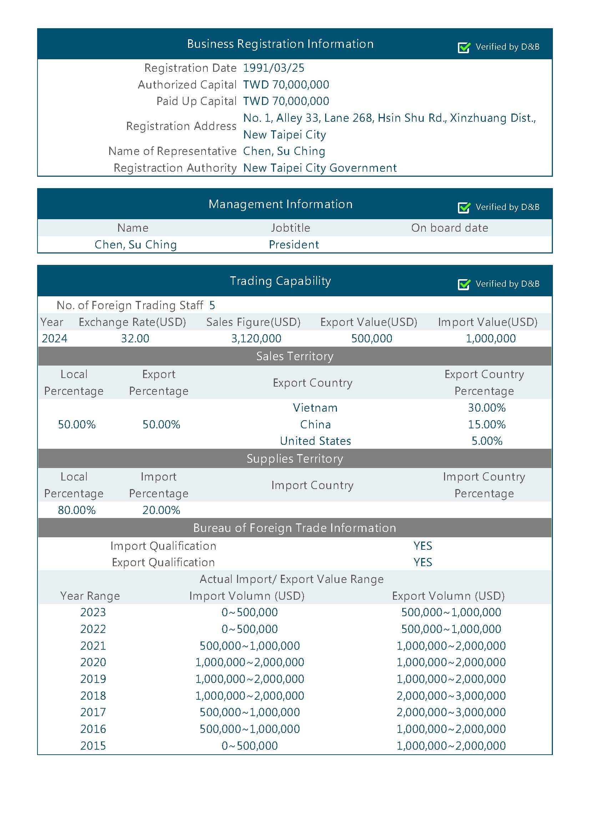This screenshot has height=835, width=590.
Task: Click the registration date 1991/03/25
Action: pyautogui.click(x=273, y=68)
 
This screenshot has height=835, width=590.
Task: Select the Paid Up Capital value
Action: pyautogui.click(x=286, y=101)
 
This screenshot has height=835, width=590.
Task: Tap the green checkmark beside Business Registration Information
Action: pyautogui.click(x=464, y=47)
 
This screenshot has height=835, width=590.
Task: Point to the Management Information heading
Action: pyautogui.click(x=280, y=204)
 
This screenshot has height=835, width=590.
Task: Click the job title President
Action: pyautogui.click(x=294, y=245)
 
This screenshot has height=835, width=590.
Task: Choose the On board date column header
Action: pyautogui.click(x=449, y=228)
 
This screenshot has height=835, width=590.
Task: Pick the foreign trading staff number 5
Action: pyautogui.click(x=212, y=305)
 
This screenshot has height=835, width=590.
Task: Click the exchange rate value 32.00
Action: pyautogui.click(x=135, y=338)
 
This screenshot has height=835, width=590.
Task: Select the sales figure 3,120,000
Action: pyautogui.click(x=256, y=338)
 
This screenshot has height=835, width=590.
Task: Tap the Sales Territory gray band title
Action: pyautogui.click(x=294, y=356)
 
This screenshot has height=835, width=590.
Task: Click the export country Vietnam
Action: pyautogui.click(x=315, y=408)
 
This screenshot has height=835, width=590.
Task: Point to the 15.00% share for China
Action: pyautogui.click(x=486, y=424)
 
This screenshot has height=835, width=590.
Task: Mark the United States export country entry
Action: pyautogui.click(x=315, y=441)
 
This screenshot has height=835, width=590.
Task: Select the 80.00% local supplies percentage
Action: pyautogui.click(x=77, y=510)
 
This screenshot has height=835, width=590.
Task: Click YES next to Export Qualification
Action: pyautogui.click(x=422, y=562)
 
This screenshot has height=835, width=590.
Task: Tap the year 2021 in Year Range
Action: pyautogui.click(x=93, y=645)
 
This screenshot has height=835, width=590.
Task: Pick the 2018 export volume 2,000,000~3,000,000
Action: pyautogui.click(x=451, y=695)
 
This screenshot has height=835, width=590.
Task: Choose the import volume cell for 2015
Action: pyautogui.click(x=249, y=745)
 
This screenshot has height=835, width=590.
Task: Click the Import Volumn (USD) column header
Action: pyautogui.click(x=247, y=596)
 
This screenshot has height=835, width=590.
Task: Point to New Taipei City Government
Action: pyautogui.click(x=319, y=168)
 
